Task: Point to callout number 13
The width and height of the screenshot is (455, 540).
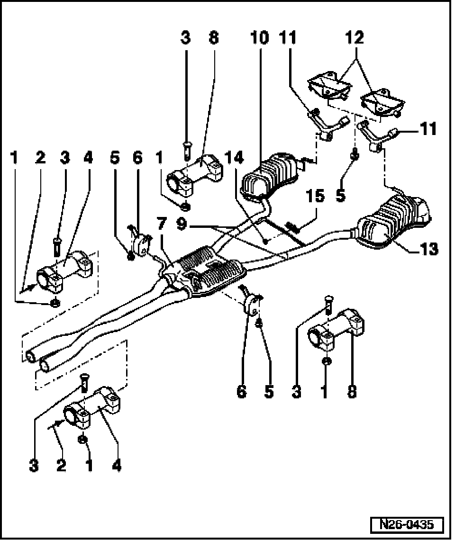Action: (429, 249)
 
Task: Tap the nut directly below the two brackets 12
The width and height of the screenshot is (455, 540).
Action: (354, 154)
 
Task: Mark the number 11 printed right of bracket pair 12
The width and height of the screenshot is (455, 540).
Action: (428, 129)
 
